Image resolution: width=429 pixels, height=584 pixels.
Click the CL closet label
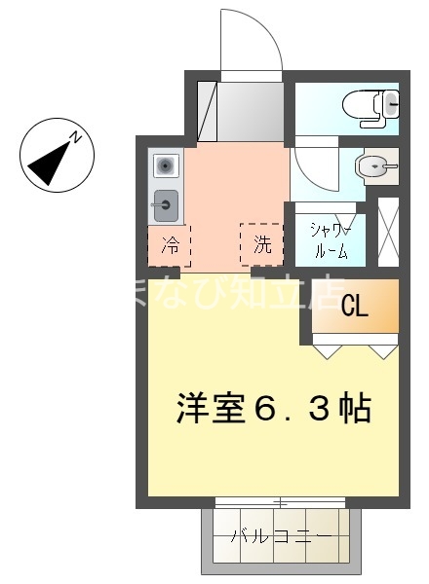click(355, 308)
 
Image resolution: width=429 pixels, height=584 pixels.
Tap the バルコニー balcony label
click(280, 536)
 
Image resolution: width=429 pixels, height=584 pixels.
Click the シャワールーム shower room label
click(330, 239)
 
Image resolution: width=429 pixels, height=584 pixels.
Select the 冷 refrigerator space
click(170, 245)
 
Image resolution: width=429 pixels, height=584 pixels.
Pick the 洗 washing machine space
click(261, 245)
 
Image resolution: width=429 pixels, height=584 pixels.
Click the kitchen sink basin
click(166, 204)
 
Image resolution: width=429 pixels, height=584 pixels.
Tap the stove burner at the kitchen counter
click(165, 166)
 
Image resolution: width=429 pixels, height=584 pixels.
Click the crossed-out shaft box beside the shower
click(387, 231)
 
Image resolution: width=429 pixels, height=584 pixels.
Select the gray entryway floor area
click(251, 111)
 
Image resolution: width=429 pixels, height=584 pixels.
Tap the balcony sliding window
click(280, 503)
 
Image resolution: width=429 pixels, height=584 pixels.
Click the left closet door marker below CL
click(327, 347)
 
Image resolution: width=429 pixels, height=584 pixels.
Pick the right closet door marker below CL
click(383, 347)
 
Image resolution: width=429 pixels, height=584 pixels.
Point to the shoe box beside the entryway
click(207, 111)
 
